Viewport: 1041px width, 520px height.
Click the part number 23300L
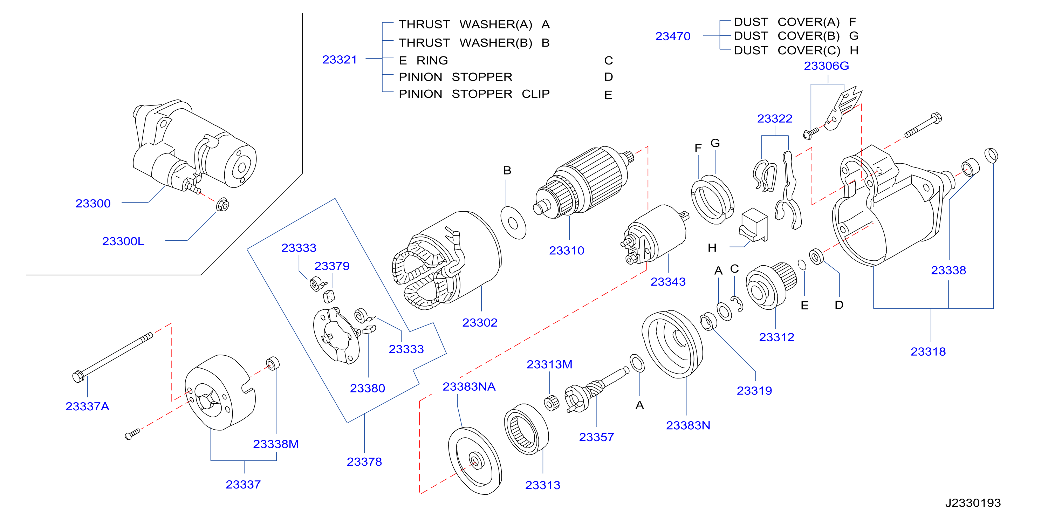[123, 241]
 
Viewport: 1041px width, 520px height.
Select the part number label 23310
[567, 251]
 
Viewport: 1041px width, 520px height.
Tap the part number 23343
[668, 282]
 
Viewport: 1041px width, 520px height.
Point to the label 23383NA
[469, 386]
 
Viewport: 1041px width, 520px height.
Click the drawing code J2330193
[973, 502]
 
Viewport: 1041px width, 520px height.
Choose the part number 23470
[672, 36]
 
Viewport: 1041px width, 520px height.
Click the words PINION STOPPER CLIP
[474, 94]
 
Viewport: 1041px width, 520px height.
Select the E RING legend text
[423, 61]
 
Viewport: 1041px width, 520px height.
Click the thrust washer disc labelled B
[513, 223]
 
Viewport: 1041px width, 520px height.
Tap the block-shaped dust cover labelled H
[754, 225]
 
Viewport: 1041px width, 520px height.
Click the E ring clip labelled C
[737, 304]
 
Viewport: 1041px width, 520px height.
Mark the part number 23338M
[276, 444]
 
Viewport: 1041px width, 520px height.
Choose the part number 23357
[596, 437]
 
